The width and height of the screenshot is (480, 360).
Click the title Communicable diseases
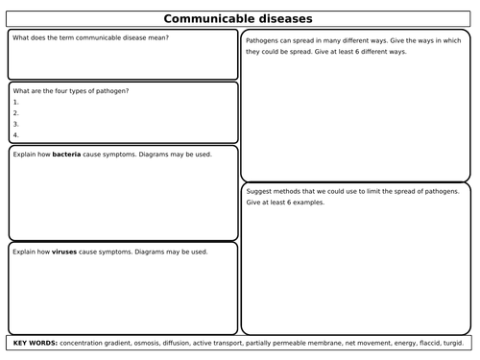point(239,17)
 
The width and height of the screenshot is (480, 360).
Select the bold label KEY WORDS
point(35,343)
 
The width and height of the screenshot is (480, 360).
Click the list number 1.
point(16,101)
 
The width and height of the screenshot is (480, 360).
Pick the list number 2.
point(16,111)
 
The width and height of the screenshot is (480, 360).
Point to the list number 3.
point(16,123)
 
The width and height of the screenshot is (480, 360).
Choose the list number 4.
point(16,133)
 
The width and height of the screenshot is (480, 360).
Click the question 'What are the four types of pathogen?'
point(71,90)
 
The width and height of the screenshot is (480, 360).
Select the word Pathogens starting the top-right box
point(265,42)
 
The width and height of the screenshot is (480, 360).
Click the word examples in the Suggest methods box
point(307,204)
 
